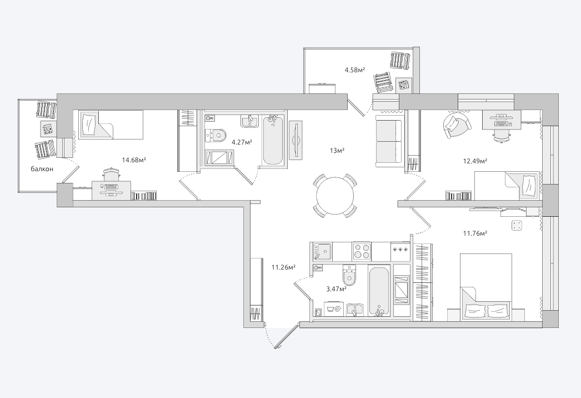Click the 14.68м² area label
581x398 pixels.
coord(134,160)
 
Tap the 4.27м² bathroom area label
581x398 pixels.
coord(242,142)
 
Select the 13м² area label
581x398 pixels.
coord(337,150)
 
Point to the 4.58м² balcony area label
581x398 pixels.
coord(355,69)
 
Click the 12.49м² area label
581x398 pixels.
coord(475,161)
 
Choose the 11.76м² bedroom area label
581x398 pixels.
coord(475,233)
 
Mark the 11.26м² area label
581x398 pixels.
coord(283,267)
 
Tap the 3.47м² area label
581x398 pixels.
coord(337,288)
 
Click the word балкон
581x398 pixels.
coord(42,169)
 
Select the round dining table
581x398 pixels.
coord(335,196)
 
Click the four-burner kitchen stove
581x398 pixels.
coord(361,251)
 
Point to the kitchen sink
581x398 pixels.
coord(323,251)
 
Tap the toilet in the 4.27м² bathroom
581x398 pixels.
coord(217,135)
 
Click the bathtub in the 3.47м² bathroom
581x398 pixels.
coord(379,291)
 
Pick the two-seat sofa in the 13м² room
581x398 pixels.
coord(389,141)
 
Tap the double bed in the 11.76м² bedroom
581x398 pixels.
coord(486,287)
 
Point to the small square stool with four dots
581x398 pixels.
coord(517,225)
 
